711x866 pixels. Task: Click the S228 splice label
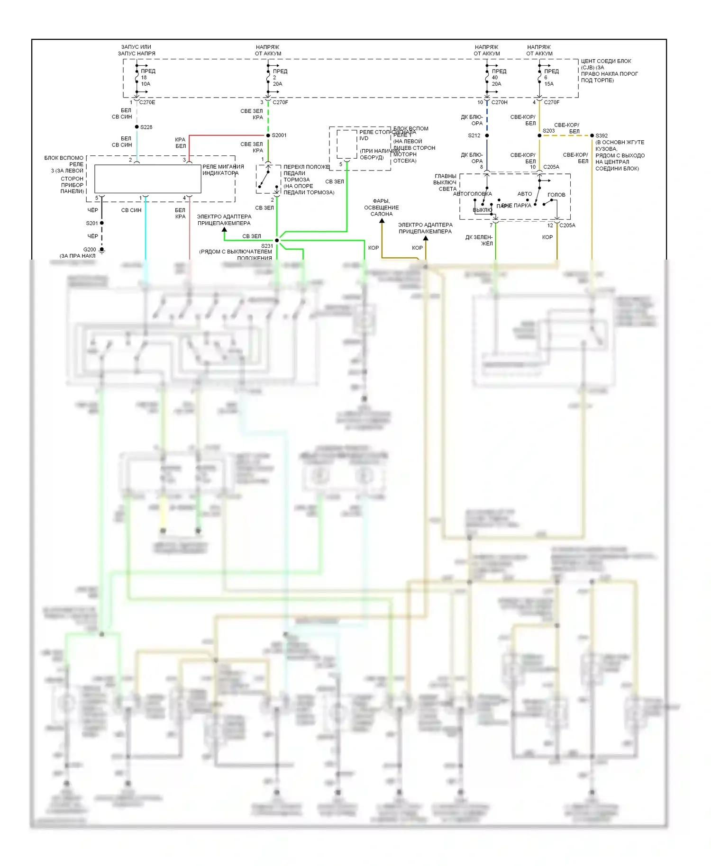pos(146,127)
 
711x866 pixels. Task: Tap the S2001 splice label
pos(279,135)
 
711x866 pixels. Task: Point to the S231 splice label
pos(267,246)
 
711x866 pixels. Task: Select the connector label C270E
pos(147,102)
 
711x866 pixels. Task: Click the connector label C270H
pos(499,102)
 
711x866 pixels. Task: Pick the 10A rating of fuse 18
pos(146,84)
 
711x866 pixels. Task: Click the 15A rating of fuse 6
pos(549,84)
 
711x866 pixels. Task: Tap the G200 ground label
pos(90,249)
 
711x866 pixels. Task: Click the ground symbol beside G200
pos(102,251)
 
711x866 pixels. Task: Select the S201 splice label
pos(92,223)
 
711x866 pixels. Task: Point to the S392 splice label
pos(602,135)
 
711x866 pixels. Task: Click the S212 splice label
pos(474,135)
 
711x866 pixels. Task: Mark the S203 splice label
pos(548,131)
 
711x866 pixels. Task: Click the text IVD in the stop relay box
pos(364,138)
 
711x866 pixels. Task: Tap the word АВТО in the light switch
pos(524,194)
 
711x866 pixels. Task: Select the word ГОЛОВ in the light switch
pos(556,195)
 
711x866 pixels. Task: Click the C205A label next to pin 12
pos(567,226)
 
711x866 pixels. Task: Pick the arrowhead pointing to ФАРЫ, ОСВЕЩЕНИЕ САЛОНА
pos(382,221)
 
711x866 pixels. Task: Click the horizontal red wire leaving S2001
pos(228,135)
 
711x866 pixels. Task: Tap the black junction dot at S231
pos(277,240)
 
